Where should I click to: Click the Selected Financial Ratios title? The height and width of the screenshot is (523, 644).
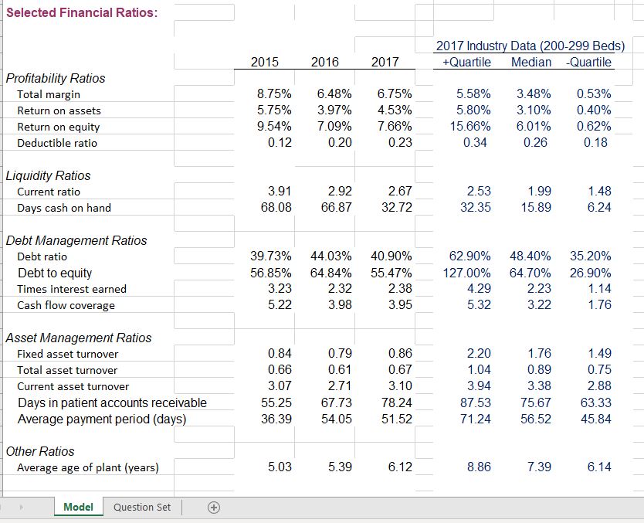coord(82,12)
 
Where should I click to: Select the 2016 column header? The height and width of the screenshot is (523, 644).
coord(324,63)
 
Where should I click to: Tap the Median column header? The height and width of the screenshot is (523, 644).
coord(531,62)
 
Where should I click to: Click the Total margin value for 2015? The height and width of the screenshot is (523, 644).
coord(273,94)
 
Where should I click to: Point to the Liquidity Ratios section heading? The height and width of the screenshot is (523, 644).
coord(48,175)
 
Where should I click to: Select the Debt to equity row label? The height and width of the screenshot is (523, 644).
coord(54,273)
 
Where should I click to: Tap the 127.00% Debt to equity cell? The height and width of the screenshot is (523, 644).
coord(466,273)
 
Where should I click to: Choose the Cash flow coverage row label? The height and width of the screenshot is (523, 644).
coord(66,305)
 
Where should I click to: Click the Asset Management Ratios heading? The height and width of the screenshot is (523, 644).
coord(78,338)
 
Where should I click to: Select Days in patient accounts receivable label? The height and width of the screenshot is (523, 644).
coord(112,402)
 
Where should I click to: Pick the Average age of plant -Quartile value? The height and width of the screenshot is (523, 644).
coord(598,467)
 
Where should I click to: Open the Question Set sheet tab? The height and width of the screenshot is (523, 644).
coord(142,507)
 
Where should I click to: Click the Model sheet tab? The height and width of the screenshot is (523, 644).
coord(78,507)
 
